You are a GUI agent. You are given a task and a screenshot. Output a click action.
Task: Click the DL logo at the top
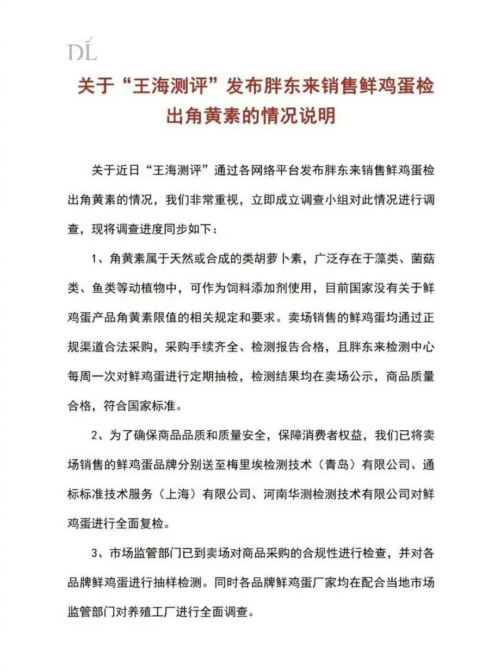(82, 48)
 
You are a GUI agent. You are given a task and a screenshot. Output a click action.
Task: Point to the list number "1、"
(97, 259)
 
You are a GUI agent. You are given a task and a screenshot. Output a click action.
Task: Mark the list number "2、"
(97, 435)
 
